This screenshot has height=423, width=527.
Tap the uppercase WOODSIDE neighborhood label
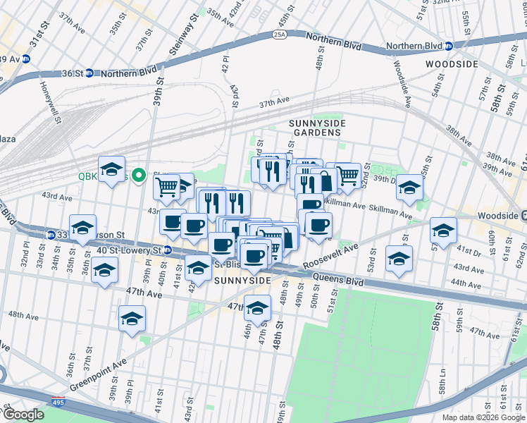(x=452, y=64)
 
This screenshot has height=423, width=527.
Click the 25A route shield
(x=280, y=33)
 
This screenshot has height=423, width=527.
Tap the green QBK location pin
(x=139, y=176)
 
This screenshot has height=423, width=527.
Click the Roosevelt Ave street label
(x=331, y=257)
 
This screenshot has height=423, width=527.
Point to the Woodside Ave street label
(x=402, y=83)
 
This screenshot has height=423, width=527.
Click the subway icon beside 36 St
(x=89, y=73)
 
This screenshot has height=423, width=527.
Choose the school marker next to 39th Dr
(x=409, y=186)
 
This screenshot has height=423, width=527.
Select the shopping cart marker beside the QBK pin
(x=167, y=186)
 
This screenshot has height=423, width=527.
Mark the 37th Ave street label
(x=274, y=103)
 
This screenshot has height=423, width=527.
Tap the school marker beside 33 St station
(x=82, y=227)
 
